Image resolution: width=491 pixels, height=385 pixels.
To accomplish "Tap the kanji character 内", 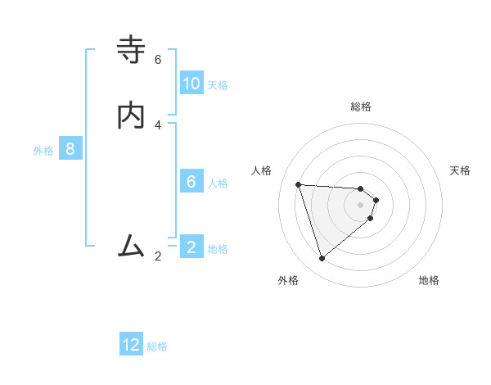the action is (132, 115).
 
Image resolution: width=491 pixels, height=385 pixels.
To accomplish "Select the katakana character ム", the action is (132, 246).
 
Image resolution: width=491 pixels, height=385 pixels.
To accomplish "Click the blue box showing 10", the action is (191, 84).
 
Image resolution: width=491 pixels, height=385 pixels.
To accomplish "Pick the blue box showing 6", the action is (191, 182).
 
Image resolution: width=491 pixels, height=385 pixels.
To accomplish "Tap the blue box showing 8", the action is (70, 149).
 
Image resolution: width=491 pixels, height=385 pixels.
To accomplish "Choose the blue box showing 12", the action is (131, 345).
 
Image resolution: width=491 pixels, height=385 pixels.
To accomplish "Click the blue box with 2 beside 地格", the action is (191, 247).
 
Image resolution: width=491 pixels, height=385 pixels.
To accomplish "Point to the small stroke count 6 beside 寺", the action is (158, 60).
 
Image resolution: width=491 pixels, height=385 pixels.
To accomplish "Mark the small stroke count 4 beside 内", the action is (158, 125).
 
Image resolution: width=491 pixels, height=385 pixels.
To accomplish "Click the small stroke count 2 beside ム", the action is (158, 256).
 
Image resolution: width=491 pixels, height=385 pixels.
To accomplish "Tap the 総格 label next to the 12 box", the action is (157, 346).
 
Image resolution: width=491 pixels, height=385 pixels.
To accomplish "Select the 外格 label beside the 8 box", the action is (43, 151).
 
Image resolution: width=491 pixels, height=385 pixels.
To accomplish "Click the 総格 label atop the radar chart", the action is (361, 106).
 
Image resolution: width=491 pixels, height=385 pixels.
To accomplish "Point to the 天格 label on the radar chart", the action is (461, 170).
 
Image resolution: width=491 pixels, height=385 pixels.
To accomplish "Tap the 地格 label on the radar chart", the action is (429, 280).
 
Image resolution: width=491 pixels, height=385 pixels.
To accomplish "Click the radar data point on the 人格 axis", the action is (299, 184).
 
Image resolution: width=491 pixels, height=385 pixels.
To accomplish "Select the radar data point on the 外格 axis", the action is (322, 259).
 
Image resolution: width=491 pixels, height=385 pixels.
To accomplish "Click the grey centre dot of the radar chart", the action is (361, 204).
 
